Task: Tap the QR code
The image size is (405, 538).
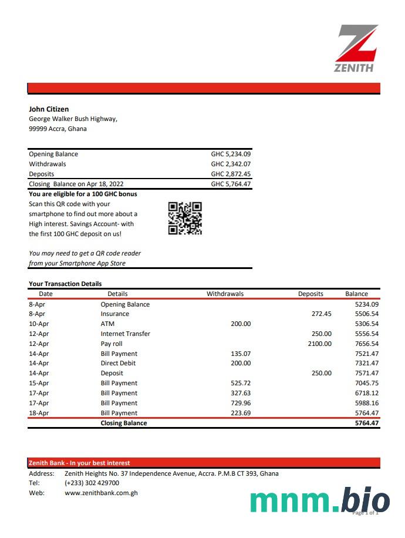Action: point(185,218)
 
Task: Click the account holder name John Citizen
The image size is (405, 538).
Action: point(49,109)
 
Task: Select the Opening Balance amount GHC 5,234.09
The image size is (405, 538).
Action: point(231,154)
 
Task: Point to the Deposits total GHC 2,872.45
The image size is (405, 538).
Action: point(231,174)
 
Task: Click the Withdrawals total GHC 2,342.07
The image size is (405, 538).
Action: point(231,164)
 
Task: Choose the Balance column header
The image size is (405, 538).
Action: point(356,294)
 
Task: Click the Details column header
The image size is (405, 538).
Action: point(117,294)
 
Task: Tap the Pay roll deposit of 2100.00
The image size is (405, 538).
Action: point(319,344)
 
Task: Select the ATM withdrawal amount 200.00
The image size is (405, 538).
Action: point(240,324)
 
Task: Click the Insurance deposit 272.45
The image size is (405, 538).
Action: point(321,314)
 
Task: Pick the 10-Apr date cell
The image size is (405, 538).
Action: point(38,324)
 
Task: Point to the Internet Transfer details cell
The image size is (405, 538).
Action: point(125,334)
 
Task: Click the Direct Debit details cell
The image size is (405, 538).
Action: point(118,364)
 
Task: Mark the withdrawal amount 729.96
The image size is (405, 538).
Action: point(240,403)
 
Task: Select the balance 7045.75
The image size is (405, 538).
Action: point(367,383)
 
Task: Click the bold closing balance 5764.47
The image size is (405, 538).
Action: point(367,423)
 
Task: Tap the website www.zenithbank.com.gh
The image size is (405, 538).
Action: point(101,493)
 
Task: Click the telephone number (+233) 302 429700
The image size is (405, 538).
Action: point(92,483)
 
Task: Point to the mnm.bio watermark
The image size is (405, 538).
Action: point(320,500)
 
